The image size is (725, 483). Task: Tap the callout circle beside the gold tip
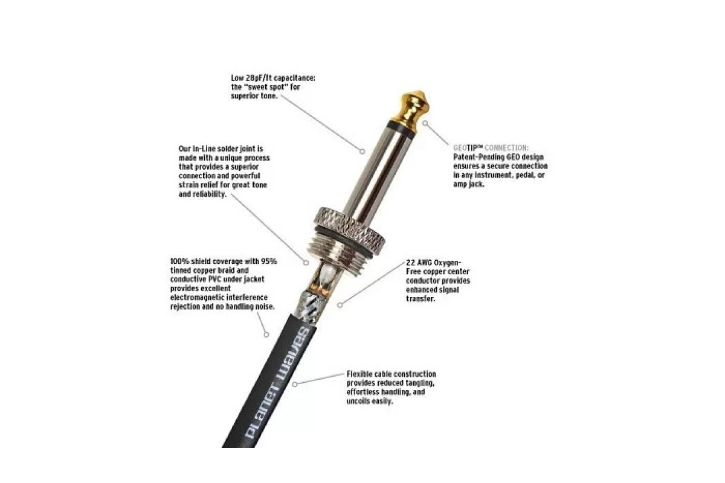pos(425,123)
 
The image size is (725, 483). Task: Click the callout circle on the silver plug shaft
pos(362,151)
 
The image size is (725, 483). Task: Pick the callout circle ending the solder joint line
pos(306,263)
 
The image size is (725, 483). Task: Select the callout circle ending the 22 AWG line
pos(340,305)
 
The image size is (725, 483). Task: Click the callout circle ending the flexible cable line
pos(295,385)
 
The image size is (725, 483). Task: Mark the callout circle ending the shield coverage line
pos(266,334)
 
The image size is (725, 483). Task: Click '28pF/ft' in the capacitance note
pos(259,78)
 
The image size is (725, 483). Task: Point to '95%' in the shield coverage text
pos(269,261)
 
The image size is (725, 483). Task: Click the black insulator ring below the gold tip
pos(402,129)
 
